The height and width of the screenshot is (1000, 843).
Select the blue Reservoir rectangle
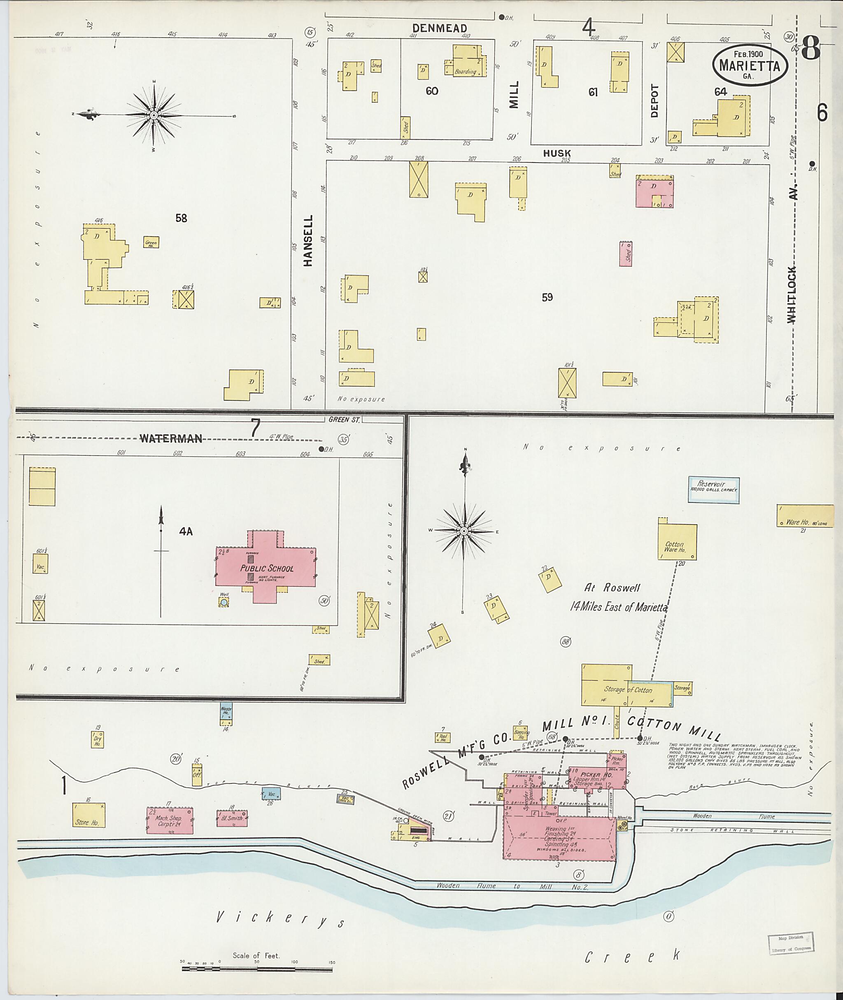pos(713,490)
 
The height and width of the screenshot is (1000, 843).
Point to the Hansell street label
pos(308,240)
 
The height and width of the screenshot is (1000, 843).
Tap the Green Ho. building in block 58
pos(151,242)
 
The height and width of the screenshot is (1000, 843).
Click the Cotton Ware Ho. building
pos(677,543)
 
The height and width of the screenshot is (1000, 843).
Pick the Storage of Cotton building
pos(626,689)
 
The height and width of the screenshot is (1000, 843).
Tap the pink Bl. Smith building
pos(232,818)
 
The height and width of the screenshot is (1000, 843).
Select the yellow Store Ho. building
pos(88,815)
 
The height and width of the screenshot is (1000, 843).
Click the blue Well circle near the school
pos(224,603)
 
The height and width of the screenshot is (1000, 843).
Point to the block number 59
pos(547,297)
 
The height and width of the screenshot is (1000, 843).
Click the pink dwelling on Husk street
pos(654,191)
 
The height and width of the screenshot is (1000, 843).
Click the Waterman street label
pos(170,438)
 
